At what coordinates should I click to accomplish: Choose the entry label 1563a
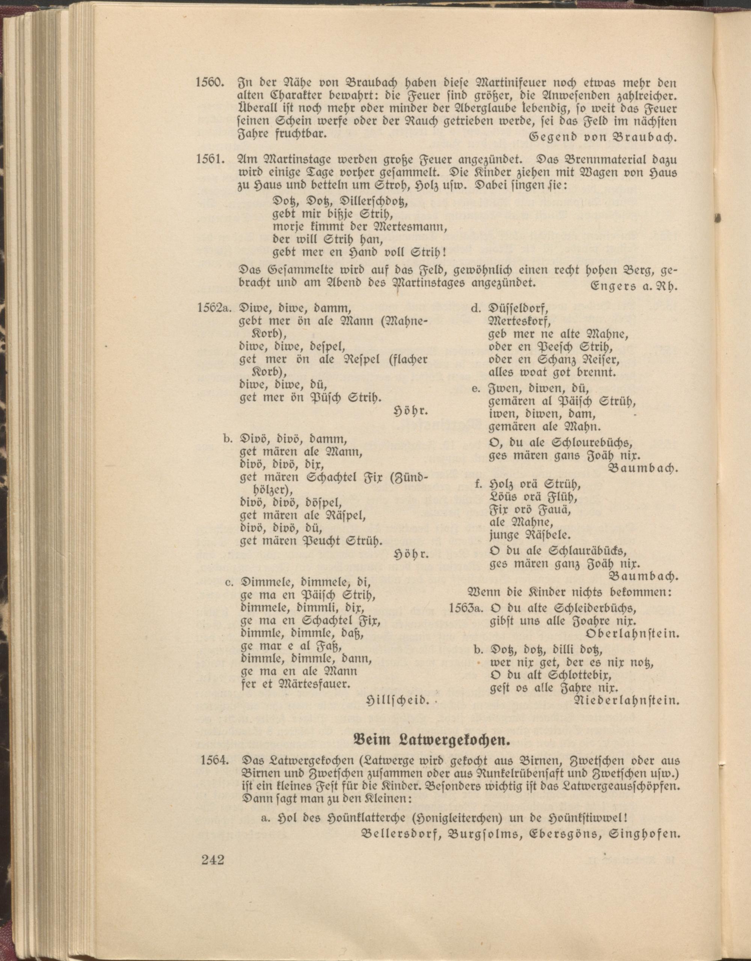tap(467, 609)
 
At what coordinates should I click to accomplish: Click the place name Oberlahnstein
tap(633, 634)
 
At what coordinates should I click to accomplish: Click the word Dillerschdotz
tap(369, 202)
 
